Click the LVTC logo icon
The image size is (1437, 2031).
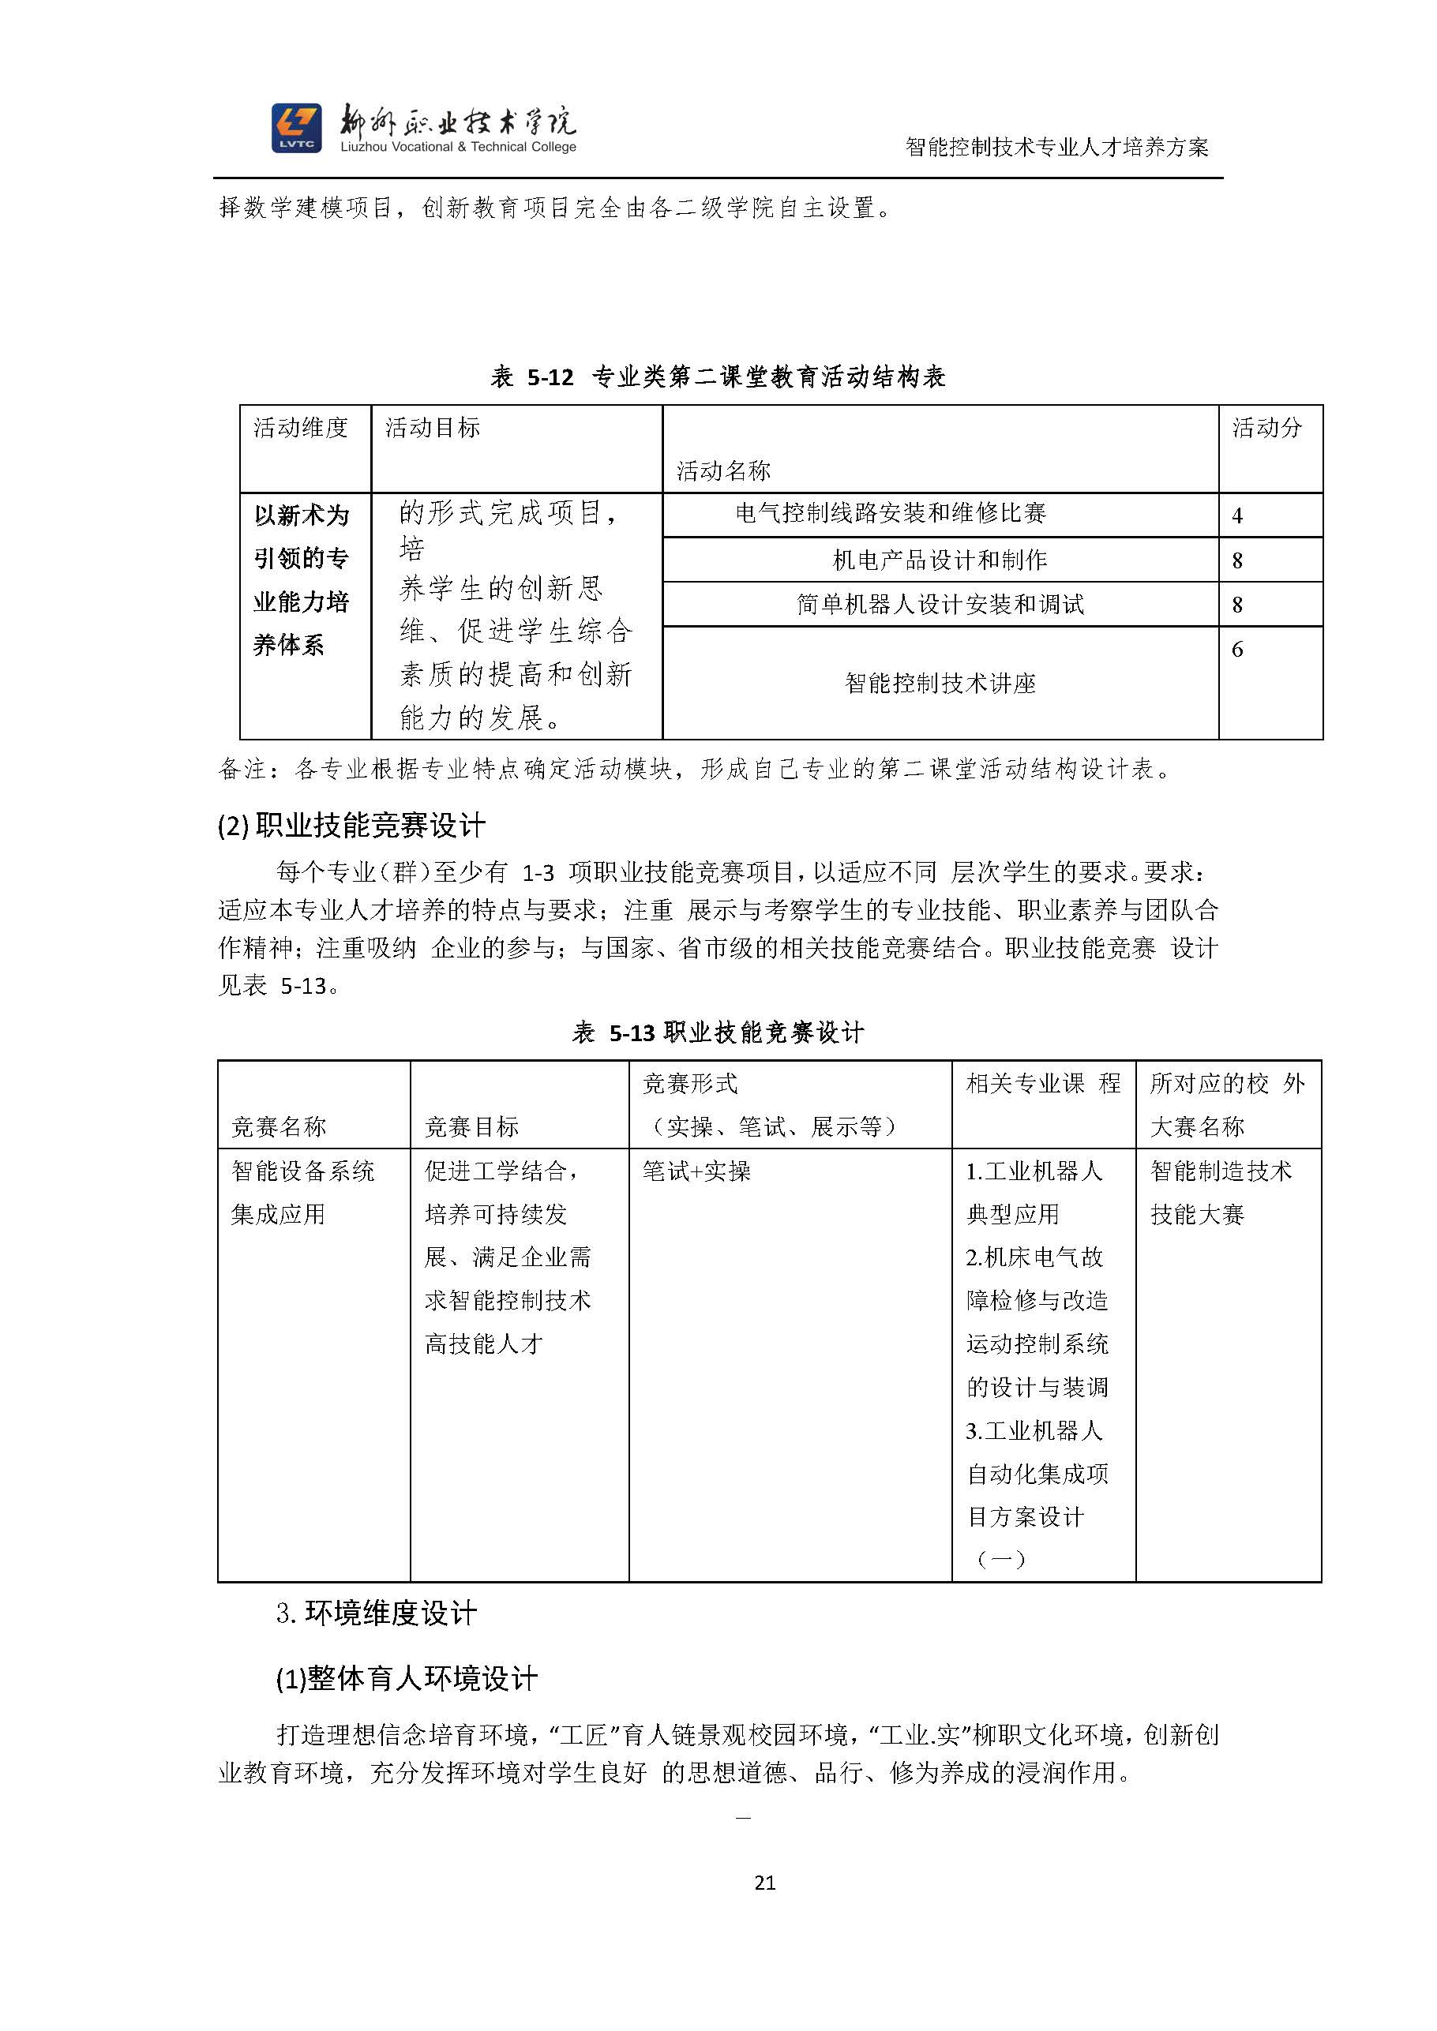(x=296, y=128)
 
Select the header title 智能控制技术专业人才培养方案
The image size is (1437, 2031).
(x=1056, y=147)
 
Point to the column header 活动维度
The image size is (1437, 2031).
(x=301, y=428)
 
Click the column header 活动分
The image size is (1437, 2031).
(x=1267, y=428)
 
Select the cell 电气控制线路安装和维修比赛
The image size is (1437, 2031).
(x=890, y=513)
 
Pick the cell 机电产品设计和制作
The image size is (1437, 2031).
(x=940, y=560)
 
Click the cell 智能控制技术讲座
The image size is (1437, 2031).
(x=940, y=683)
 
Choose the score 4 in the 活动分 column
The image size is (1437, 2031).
(x=1237, y=515)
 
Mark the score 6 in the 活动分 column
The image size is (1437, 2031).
(x=1237, y=650)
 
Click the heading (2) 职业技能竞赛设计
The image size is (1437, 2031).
(x=351, y=826)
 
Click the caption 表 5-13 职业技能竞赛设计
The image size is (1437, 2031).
(x=718, y=1032)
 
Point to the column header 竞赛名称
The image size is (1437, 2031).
(x=279, y=1127)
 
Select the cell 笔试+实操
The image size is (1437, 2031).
(x=696, y=1172)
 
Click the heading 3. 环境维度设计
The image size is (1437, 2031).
(x=376, y=1613)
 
